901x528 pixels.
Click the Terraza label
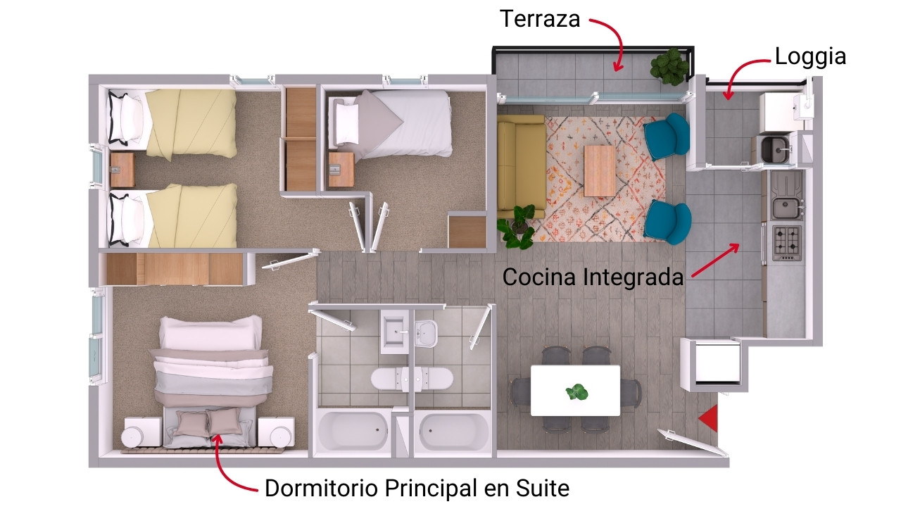pyautogui.click(x=540, y=19)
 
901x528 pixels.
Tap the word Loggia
pyautogui.click(x=810, y=57)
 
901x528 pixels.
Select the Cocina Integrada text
pyautogui.click(x=593, y=277)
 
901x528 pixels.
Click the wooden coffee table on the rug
pyautogui.click(x=600, y=171)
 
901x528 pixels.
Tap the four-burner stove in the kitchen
pyautogui.click(x=787, y=243)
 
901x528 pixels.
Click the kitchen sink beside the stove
pyautogui.click(x=786, y=208)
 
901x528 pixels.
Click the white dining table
pyautogui.click(x=575, y=390)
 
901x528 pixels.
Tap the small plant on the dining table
pyautogui.click(x=576, y=391)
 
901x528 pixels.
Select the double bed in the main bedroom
pyautogui.click(x=210, y=382)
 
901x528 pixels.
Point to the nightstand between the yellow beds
pyautogui.click(x=122, y=170)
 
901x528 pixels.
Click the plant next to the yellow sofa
pyautogui.click(x=517, y=226)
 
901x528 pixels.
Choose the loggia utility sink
pyautogui.click(x=776, y=150)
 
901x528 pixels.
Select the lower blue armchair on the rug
pyautogui.click(x=668, y=222)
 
